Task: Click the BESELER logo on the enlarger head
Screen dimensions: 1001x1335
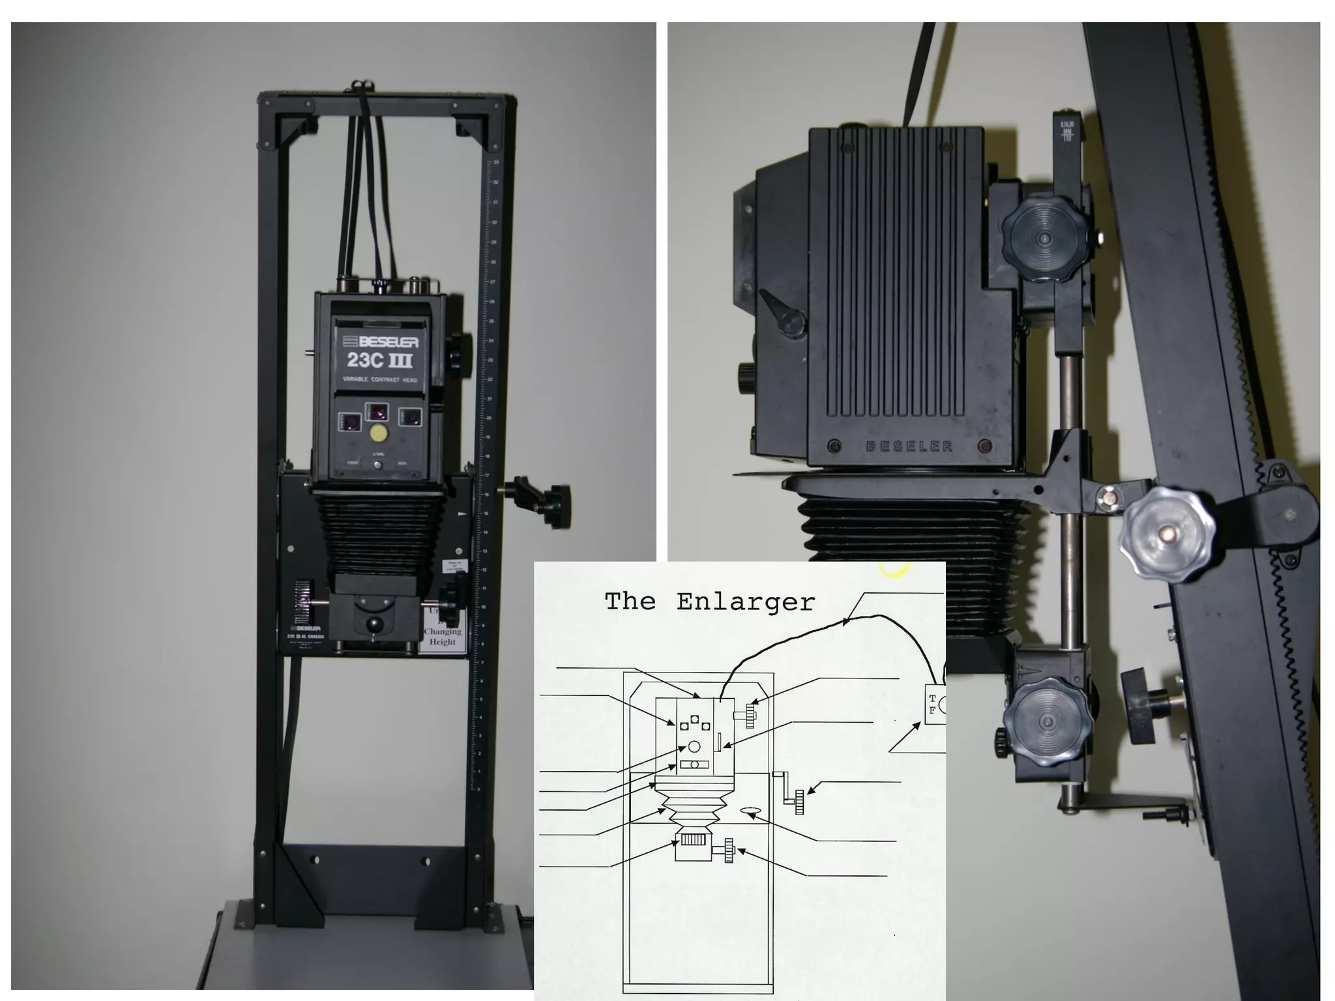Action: (380, 341)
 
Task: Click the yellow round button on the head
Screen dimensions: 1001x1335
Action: (377, 433)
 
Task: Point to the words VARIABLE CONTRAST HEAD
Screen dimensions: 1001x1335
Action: (380, 379)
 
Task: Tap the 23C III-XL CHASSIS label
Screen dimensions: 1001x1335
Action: (306, 636)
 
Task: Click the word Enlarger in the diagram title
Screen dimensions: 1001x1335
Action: (745, 602)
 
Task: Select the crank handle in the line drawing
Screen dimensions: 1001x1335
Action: (790, 792)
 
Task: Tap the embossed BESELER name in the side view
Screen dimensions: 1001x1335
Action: (909, 446)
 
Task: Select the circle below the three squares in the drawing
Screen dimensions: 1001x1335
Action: (694, 746)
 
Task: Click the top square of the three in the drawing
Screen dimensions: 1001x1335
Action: (695, 719)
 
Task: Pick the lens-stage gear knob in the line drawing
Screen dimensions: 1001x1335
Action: (728, 850)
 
